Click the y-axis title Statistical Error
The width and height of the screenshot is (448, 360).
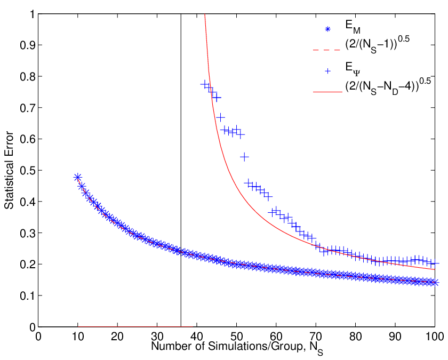pyautogui.click(x=9, y=170)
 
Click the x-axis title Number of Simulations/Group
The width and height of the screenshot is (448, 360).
pyautogui.click(x=227, y=346)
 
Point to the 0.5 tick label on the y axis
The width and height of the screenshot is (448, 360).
pyautogui.click(x=27, y=170)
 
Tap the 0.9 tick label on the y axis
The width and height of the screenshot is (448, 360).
pyautogui.click(x=27, y=45)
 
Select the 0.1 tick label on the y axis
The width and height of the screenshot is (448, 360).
pyautogui.click(x=27, y=295)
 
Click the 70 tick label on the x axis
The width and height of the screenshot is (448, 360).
pyautogui.click(x=315, y=337)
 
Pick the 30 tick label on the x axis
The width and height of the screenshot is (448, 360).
pyautogui.click(x=157, y=337)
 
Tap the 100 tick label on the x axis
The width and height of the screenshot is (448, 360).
pyautogui.click(x=435, y=337)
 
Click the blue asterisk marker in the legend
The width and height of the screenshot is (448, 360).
pyautogui.click(x=327, y=29)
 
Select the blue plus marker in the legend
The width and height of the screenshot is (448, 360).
pyautogui.click(x=327, y=71)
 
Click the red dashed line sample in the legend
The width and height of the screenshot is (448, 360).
pyautogui.click(x=326, y=50)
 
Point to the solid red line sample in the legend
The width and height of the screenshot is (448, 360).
pyautogui.click(x=327, y=92)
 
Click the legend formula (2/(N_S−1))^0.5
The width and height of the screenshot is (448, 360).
pyautogui.click(x=377, y=45)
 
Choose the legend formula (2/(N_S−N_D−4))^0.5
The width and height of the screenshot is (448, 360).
pyautogui.click(x=388, y=86)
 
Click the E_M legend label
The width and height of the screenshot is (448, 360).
pyautogui.click(x=353, y=27)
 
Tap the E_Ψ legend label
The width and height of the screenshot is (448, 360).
pyautogui.click(x=353, y=69)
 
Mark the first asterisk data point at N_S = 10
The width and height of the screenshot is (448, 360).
pyautogui.click(x=77, y=177)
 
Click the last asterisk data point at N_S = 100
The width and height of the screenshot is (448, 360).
pyautogui.click(x=435, y=283)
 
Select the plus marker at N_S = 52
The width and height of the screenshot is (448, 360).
pyautogui.click(x=244, y=157)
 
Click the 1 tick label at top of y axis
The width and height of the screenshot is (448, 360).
pyautogui.click(x=32, y=14)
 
